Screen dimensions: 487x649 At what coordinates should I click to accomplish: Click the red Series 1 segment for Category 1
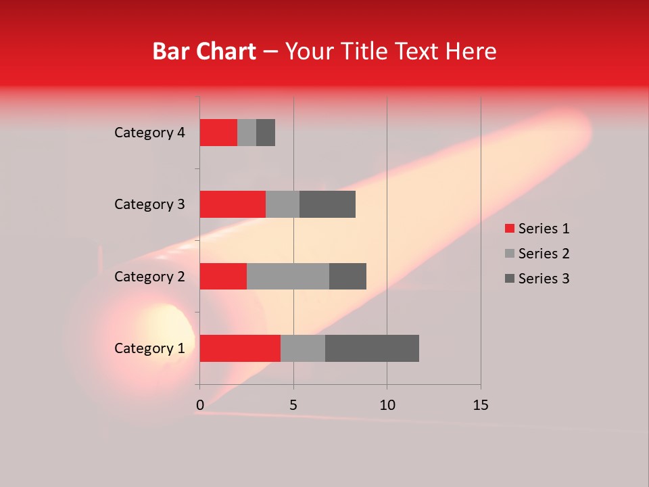click(240, 348)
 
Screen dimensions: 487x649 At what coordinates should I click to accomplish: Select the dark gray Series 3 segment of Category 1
click(372, 348)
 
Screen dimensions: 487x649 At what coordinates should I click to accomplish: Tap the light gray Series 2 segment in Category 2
click(288, 276)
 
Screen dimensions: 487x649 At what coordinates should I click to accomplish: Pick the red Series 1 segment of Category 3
click(233, 204)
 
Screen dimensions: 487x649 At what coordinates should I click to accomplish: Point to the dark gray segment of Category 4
click(266, 133)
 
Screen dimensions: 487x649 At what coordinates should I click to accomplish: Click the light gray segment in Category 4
click(247, 133)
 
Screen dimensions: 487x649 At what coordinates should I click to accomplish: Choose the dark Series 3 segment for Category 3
click(327, 204)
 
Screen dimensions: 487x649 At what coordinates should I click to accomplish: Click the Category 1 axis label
click(149, 348)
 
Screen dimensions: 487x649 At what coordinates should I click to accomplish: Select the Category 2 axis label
click(149, 276)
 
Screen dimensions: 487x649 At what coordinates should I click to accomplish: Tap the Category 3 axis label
click(149, 204)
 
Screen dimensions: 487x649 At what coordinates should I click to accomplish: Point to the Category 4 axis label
click(149, 133)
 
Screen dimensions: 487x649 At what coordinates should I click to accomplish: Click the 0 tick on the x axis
click(200, 405)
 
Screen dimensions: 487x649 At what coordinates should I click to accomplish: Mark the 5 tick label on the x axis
click(293, 405)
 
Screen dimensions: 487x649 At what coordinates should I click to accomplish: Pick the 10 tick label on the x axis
click(387, 405)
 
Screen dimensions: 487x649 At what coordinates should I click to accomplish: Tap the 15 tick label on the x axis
click(481, 405)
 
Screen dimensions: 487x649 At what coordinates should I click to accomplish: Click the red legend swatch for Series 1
click(510, 229)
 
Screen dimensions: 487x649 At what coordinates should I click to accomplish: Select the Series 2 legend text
click(544, 254)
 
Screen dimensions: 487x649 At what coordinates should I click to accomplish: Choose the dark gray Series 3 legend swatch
click(510, 279)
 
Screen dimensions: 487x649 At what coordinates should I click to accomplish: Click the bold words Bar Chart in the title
click(204, 51)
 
